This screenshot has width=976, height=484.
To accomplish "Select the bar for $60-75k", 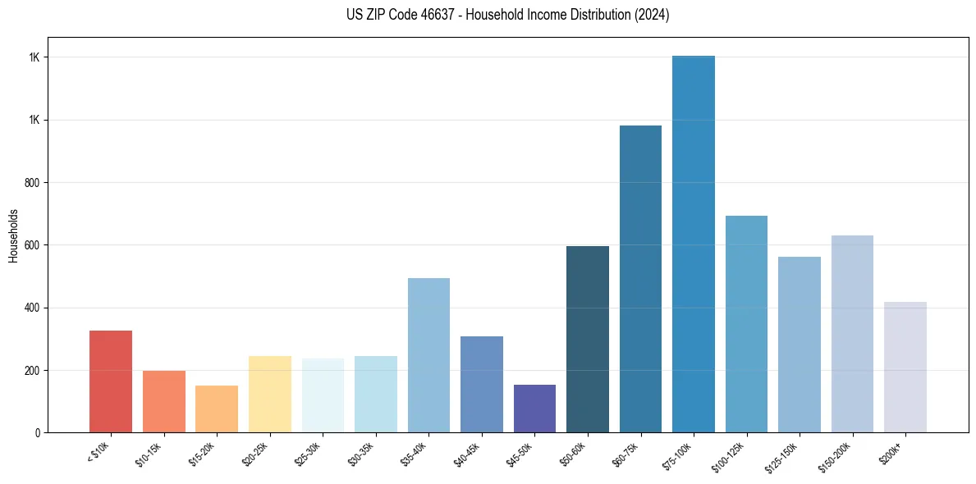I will coord(640,279).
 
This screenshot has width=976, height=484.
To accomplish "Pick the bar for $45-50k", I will coord(534,409).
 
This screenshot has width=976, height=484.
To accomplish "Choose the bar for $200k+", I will coord(905,367).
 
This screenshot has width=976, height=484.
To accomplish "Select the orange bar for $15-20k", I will coord(217,409).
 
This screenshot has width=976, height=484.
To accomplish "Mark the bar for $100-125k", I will coord(746,324).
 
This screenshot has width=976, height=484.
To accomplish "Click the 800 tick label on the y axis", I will coord(34,182).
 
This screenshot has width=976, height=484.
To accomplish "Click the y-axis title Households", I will coord(13,235).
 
